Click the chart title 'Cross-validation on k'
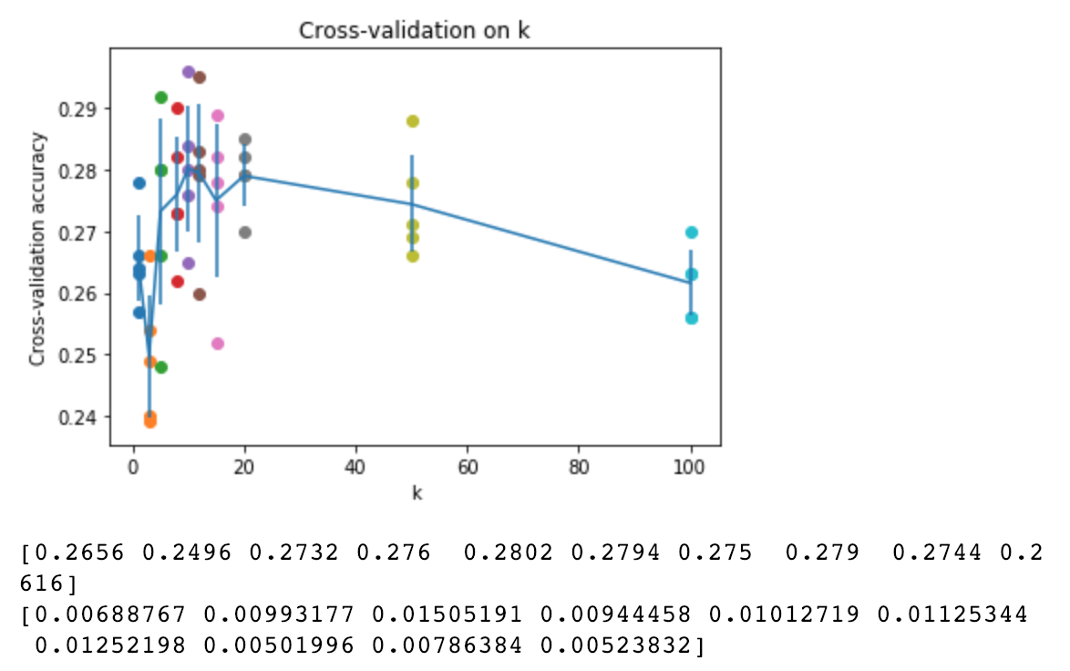[x=415, y=30]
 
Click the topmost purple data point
[x=189, y=72]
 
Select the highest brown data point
[x=200, y=77]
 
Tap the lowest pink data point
[x=217, y=344]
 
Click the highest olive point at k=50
[x=412, y=121]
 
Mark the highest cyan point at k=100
[x=691, y=232]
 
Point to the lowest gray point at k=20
[x=244, y=232]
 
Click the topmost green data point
[x=161, y=98]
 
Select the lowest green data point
[x=161, y=367]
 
